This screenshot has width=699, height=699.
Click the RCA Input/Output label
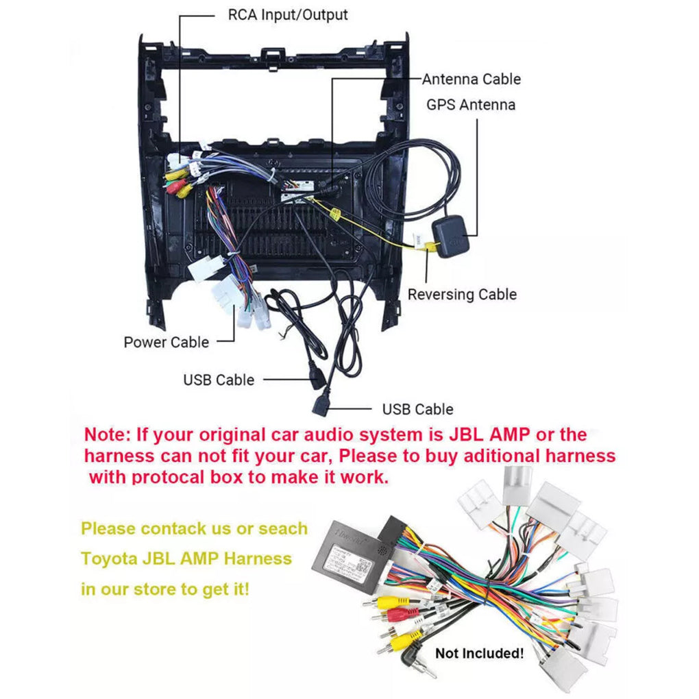[287, 14]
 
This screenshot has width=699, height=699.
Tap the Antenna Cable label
[471, 79]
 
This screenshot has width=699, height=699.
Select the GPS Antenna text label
[470, 105]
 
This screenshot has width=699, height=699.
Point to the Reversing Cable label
[462, 295]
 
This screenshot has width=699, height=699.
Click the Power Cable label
[166, 342]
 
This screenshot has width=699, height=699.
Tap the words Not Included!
[480, 653]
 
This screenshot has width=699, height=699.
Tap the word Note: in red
[108, 434]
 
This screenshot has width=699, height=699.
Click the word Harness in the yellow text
[258, 559]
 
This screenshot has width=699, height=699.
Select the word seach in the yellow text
[283, 528]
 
